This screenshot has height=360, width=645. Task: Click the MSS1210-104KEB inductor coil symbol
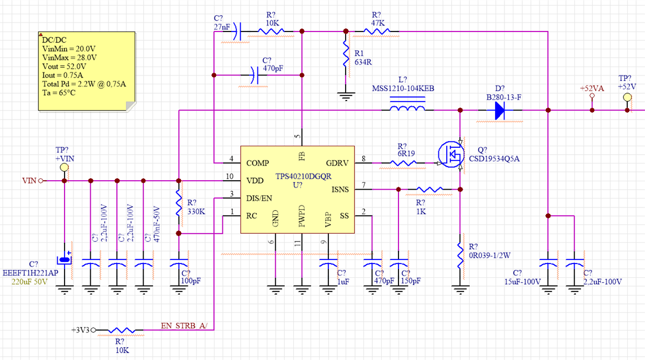coord(406,110)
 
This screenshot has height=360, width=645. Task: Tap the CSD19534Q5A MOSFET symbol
coord(451,154)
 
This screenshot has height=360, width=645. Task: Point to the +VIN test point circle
coord(64,167)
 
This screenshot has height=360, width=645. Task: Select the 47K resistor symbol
coord(376,31)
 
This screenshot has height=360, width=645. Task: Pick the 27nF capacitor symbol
coord(236,31)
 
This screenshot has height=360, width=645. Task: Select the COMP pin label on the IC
coord(258,163)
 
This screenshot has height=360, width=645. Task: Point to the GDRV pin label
coord(337,163)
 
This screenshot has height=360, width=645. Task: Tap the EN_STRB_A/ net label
coord(184,326)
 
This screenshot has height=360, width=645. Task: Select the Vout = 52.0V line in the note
coord(64,67)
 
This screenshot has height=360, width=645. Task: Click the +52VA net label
coord(592,89)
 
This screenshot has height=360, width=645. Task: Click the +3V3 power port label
coord(81,330)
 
